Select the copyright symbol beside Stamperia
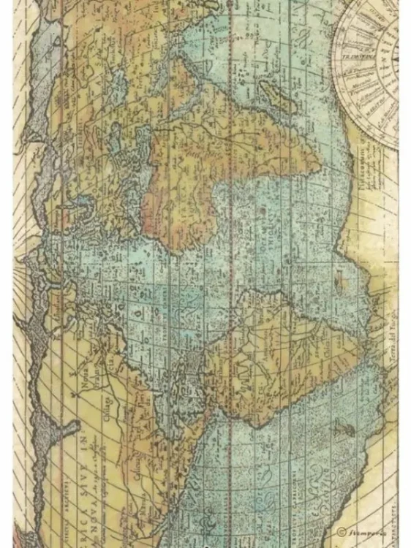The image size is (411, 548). pos(342,530)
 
